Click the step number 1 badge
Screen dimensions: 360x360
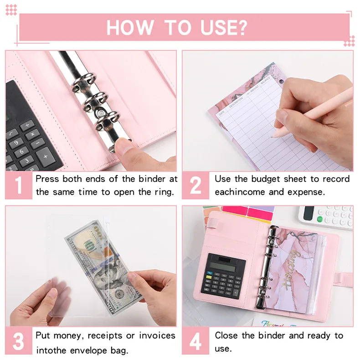tap(18, 185)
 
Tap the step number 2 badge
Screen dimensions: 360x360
tap(195, 185)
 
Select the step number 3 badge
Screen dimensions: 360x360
tap(18, 341)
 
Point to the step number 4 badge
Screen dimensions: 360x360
tap(195, 341)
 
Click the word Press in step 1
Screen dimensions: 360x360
tap(46, 179)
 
